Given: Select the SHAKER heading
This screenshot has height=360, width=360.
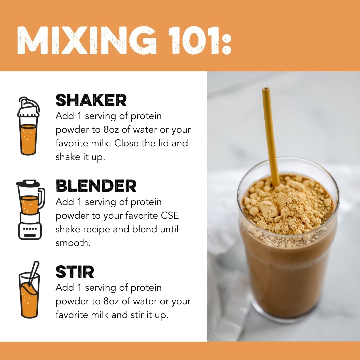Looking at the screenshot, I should click(91, 100).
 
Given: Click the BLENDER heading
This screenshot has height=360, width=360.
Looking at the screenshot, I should click(96, 186).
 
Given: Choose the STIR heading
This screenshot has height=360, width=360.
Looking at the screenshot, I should click(75, 272).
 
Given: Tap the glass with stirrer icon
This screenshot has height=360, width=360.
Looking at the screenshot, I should click(29, 290).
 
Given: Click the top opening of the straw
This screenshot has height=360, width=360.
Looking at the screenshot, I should click(266, 89).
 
